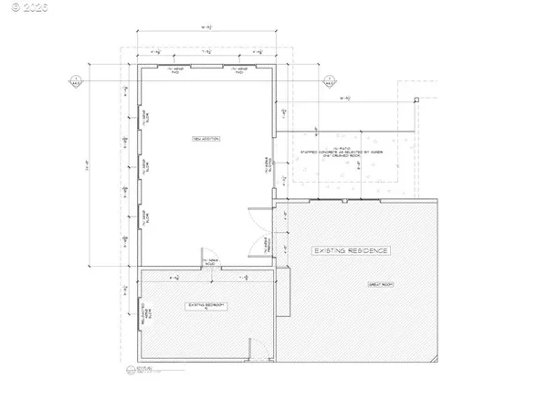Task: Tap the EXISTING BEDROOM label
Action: [205, 304]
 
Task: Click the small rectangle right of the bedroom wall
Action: [283, 291]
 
